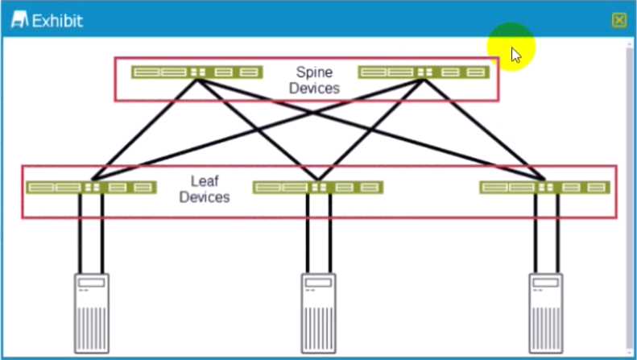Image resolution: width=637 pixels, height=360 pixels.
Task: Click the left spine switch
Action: pos(196,72)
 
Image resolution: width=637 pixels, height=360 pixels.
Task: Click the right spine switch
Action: pos(424,72)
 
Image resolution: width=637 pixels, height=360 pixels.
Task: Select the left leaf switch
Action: pos(90,187)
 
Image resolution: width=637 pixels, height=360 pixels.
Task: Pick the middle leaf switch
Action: pos(318,187)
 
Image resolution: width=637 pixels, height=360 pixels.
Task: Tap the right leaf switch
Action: pos(545,187)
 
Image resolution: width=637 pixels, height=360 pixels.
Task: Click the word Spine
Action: pos(314,72)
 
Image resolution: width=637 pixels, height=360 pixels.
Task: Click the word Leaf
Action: pos(205,180)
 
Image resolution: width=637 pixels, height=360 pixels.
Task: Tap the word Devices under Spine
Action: pos(314,89)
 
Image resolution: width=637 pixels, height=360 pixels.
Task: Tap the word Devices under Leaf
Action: pos(205,197)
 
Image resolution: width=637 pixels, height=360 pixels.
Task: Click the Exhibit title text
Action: pos(57,21)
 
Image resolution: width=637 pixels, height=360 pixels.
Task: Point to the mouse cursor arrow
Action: pos(515,54)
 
